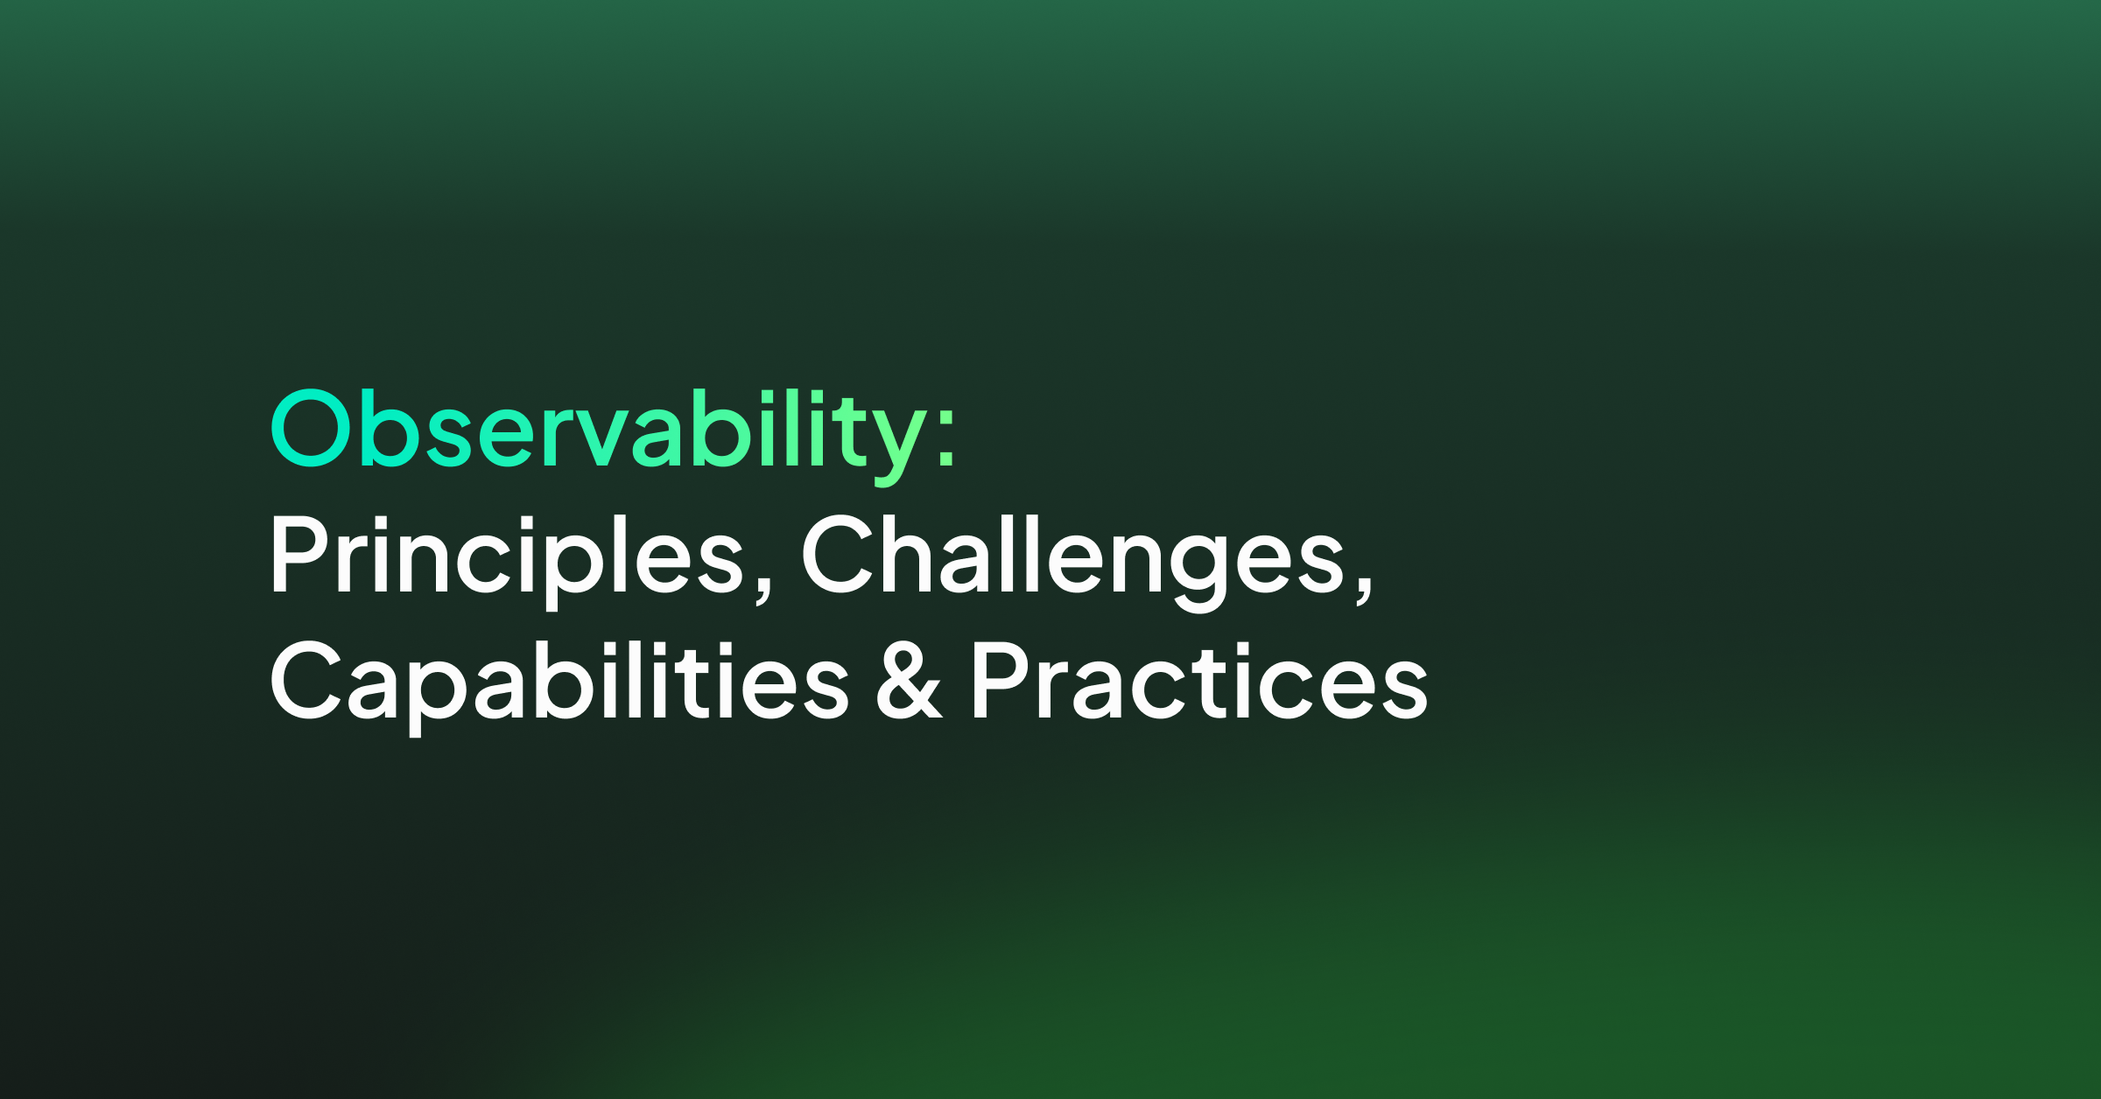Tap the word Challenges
point(1073,560)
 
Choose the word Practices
point(1200,681)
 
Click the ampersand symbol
point(910,680)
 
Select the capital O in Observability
point(311,427)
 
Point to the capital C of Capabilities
point(306,680)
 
